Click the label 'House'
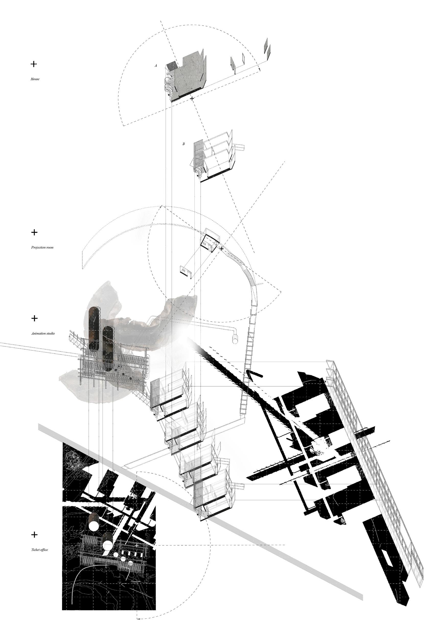[35, 79]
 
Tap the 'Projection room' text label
[42, 247]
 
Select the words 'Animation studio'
[43, 333]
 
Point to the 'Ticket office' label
[39, 550]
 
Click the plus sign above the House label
[33, 64]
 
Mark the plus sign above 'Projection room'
[34, 232]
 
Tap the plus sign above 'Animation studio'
[34, 318]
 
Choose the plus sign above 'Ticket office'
[34, 535]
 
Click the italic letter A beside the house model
[156, 66]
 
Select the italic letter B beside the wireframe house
[183, 144]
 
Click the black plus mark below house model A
[192, 98]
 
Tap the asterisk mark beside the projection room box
[222, 248]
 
